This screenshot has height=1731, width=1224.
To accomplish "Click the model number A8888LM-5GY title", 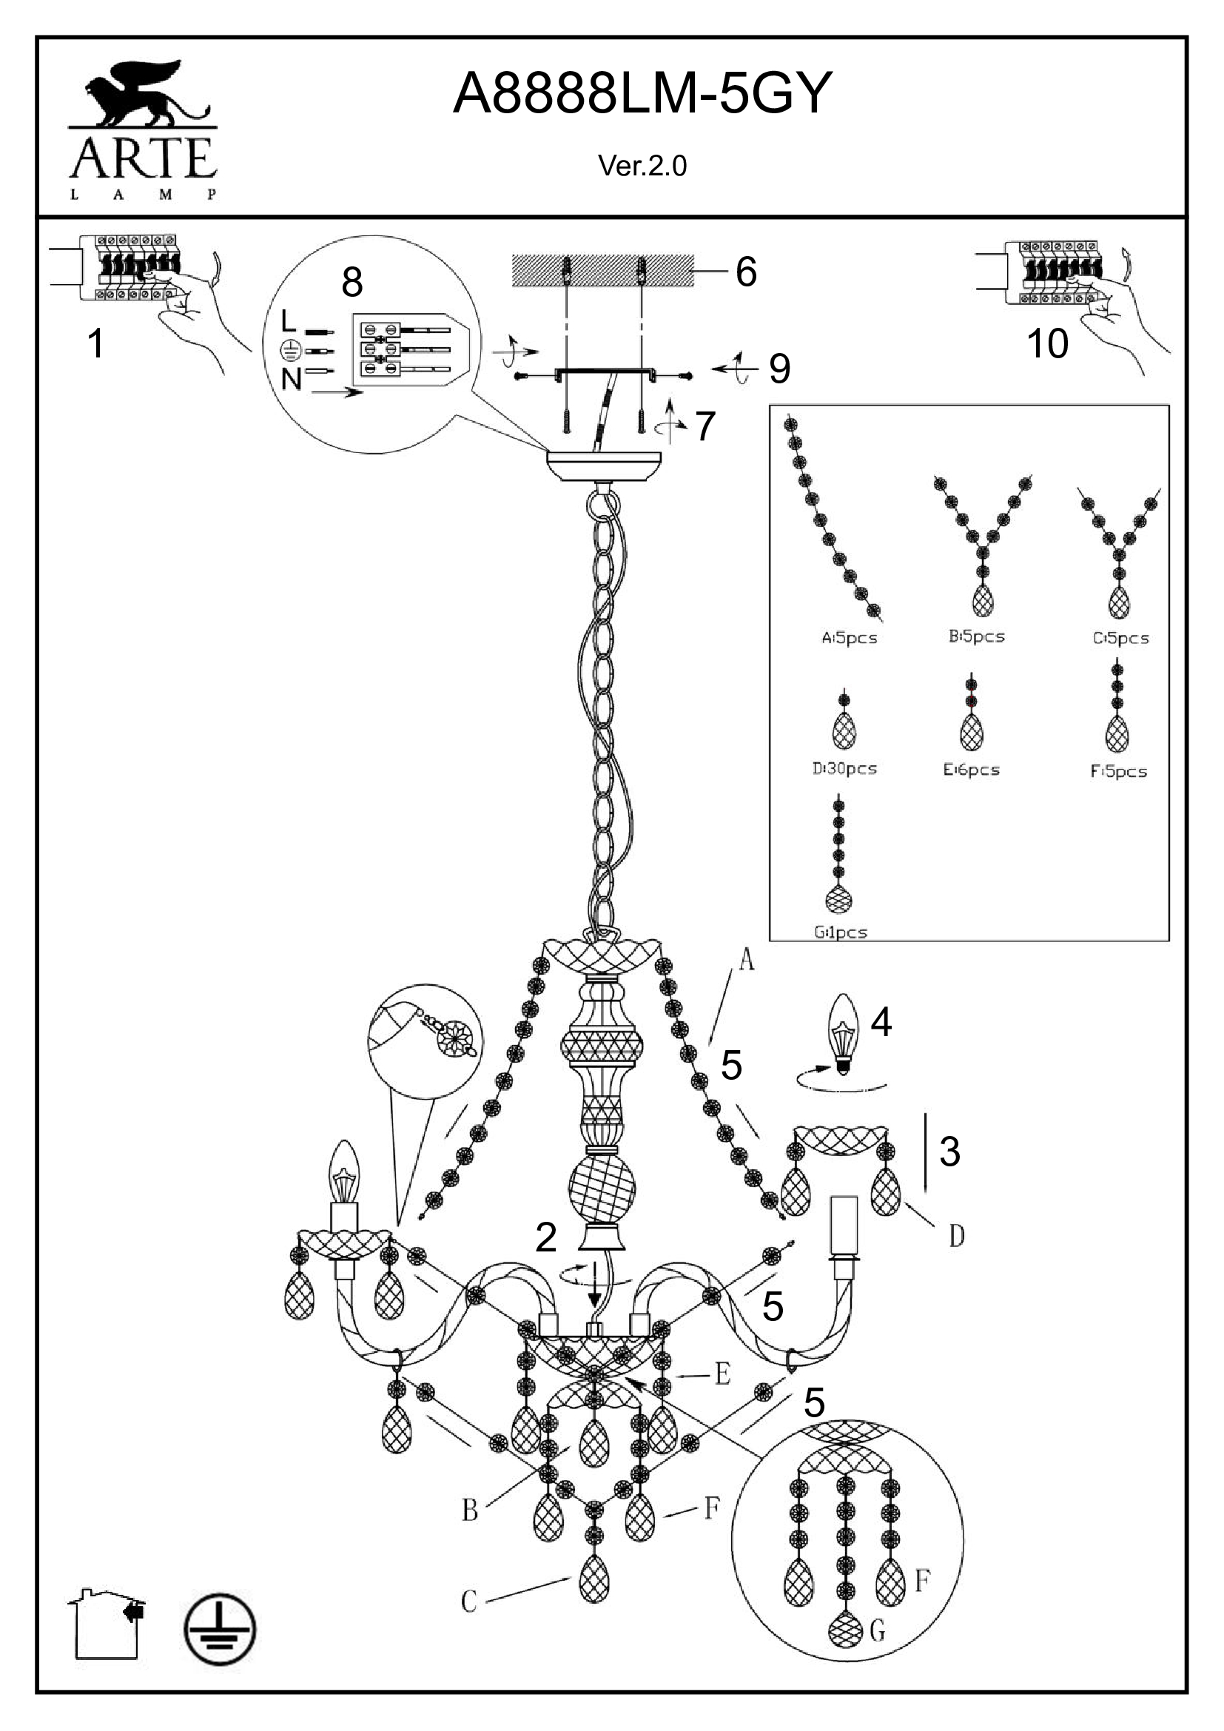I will tap(642, 93).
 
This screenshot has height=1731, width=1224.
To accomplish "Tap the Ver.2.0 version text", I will tap(642, 166).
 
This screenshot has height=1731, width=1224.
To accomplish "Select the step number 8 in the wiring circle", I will tap(352, 283).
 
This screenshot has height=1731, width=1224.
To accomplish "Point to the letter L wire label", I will tap(288, 322).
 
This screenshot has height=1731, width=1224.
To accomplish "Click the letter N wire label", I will tap(291, 378).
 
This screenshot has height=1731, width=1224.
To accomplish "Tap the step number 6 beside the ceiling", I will tap(745, 272).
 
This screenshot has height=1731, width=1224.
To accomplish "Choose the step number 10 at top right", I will tap(1047, 344).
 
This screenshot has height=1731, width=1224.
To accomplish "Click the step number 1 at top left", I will tap(95, 344).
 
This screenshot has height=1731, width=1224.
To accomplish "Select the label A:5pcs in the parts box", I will tap(850, 638).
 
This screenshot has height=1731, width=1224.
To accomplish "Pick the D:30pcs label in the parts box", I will tap(844, 769).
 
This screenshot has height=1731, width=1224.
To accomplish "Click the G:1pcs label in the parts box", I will tap(841, 932).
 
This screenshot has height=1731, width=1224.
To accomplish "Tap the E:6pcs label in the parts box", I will tap(971, 770).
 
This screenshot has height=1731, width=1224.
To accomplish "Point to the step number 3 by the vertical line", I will tap(949, 1152).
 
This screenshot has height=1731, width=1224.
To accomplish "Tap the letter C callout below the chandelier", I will tap(468, 1601).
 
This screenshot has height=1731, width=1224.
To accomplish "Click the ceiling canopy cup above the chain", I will tap(604, 466).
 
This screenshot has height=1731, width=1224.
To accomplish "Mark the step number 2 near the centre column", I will tap(545, 1237).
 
